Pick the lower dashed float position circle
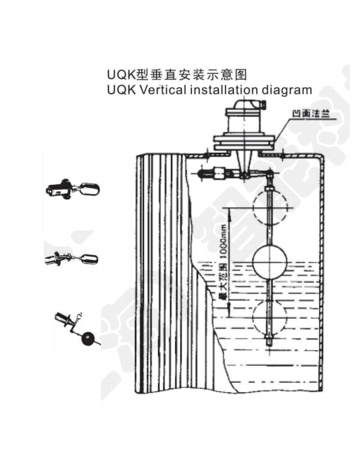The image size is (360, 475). click(272, 318)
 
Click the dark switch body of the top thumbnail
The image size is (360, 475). click(59, 190)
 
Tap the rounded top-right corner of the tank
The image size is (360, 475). click(318, 159)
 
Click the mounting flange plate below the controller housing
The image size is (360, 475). click(245, 143)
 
